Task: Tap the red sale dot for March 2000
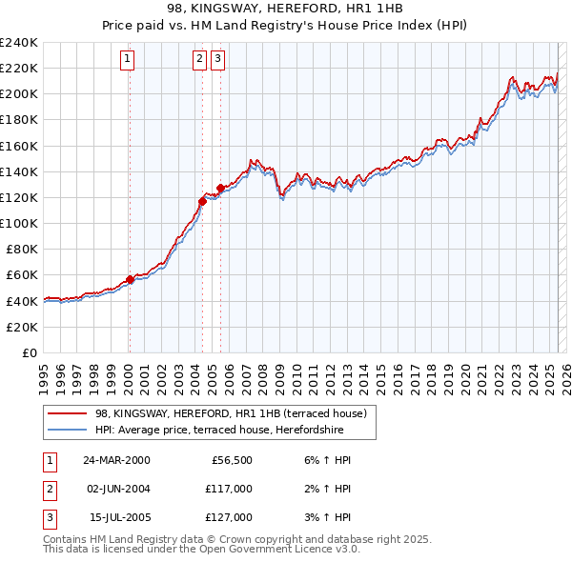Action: pos(130,279)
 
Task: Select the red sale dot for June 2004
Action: pos(202,201)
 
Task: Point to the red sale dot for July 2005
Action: pos(220,188)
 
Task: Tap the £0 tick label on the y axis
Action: pos(29,352)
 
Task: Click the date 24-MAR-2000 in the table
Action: pos(116,460)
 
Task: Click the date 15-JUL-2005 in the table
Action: pos(116,517)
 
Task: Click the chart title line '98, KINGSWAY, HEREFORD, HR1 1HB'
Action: pos(286,10)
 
